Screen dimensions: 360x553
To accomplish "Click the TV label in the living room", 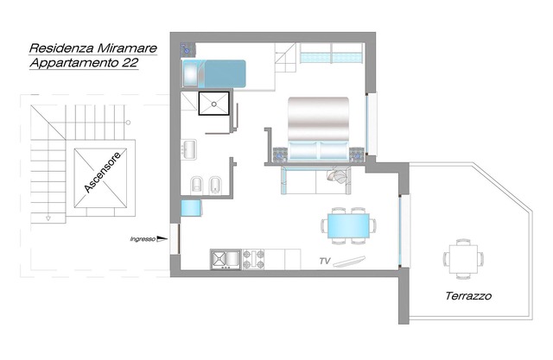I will pyautogui.click(x=325, y=260).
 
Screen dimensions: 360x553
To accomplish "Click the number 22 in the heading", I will pyautogui.click(x=126, y=63).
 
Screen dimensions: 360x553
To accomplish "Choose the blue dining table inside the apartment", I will pyautogui.click(x=350, y=224).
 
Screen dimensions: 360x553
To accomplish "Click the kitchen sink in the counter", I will pyautogui.click(x=224, y=258).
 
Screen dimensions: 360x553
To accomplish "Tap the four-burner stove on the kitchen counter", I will pyautogui.click(x=253, y=258).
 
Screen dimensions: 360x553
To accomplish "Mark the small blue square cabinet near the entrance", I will pyautogui.click(x=191, y=208).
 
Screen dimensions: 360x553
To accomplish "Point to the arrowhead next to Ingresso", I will pyautogui.click(x=161, y=239).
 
